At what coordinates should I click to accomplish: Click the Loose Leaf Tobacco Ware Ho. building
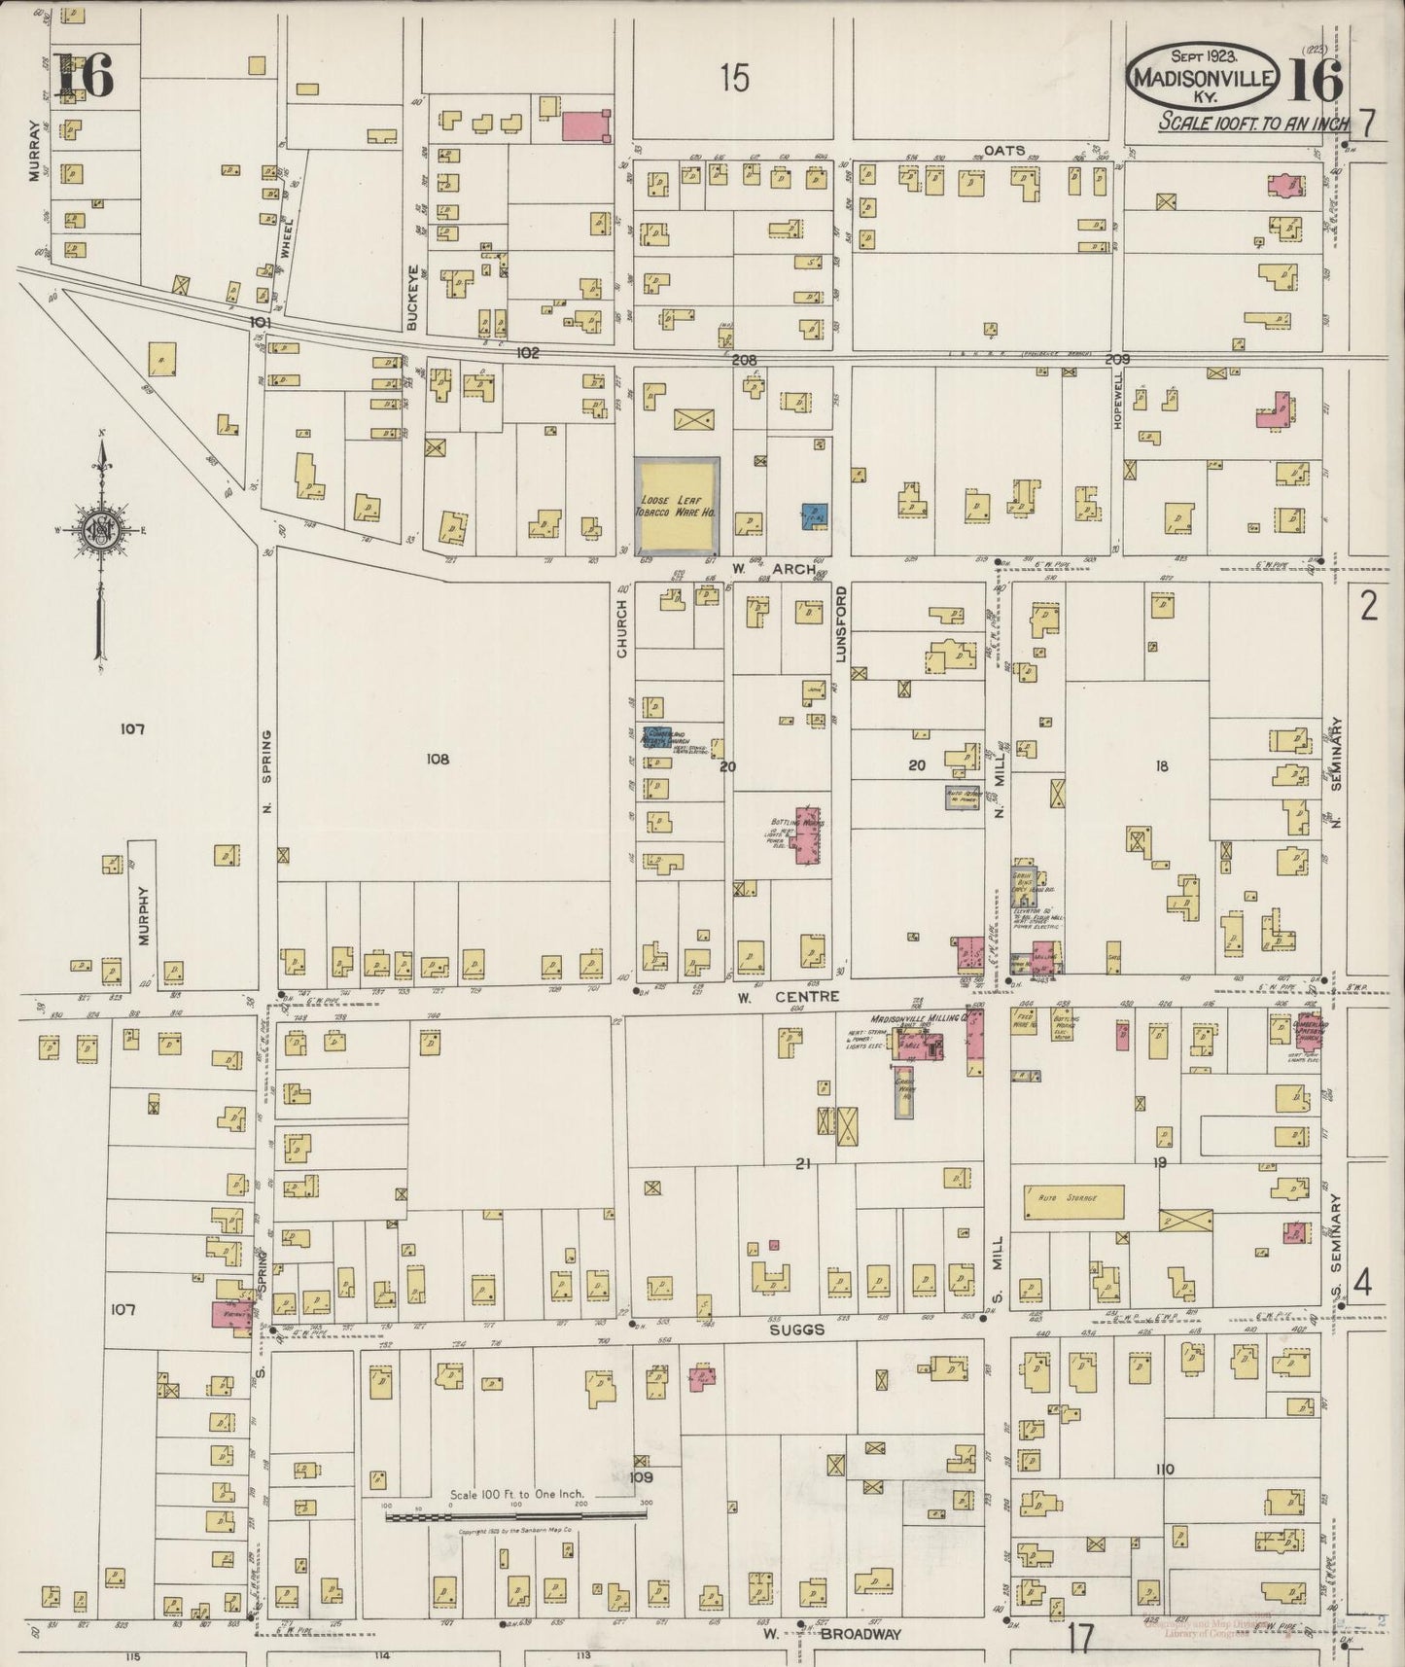coord(677,506)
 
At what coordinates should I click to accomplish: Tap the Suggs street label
coord(799,1329)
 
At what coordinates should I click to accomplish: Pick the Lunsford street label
coord(842,622)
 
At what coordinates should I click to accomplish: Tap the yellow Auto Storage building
coord(1072,1200)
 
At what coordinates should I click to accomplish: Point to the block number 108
coord(438,759)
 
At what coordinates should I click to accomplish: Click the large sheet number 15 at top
coord(735,78)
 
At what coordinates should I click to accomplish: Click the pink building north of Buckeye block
coord(586,124)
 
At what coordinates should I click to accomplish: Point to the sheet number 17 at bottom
coord(1080,1640)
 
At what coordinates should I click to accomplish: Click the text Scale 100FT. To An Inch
coord(1253,123)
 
